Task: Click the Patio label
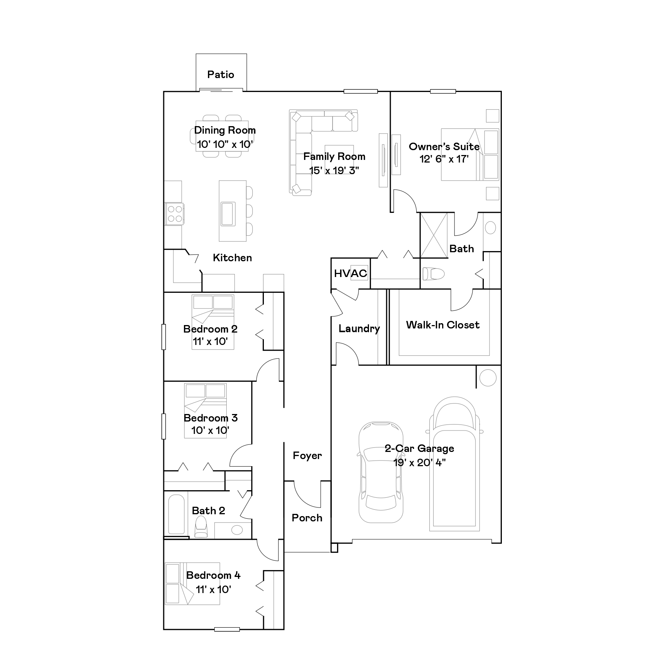tap(221, 74)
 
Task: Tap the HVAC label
tap(351, 273)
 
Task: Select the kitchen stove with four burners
tap(174, 214)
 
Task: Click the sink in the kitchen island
tap(228, 214)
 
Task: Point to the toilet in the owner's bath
tap(433, 274)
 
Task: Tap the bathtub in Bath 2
tap(176, 514)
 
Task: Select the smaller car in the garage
tap(381, 472)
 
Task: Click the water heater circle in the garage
tap(488, 378)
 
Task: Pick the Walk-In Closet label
tap(443, 325)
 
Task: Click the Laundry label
tap(359, 329)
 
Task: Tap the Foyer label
tap(307, 456)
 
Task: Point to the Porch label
tap(307, 518)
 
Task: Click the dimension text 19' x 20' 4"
tap(420, 462)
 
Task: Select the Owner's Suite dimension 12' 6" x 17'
tap(444, 159)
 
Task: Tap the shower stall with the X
tap(434, 235)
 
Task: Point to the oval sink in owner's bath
tap(491, 228)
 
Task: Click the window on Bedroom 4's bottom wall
tap(227, 629)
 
